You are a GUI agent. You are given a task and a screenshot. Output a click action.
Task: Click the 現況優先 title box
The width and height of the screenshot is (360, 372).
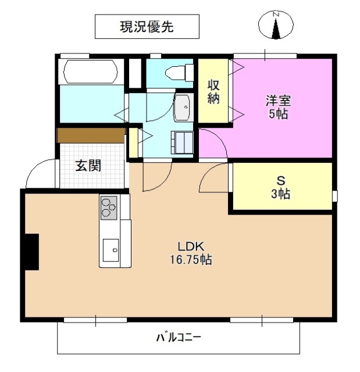147,26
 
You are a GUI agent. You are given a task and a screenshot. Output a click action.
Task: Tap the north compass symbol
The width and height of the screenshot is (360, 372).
275,26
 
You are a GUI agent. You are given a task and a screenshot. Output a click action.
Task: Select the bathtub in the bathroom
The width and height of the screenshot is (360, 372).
91,73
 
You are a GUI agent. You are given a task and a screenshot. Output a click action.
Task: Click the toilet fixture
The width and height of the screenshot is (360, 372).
177,73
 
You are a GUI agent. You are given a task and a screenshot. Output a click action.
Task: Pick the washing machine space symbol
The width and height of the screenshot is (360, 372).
183,141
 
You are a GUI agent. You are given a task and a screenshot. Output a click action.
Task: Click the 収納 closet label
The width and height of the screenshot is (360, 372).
214,91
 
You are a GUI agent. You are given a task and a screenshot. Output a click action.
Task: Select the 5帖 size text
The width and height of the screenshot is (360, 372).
277,114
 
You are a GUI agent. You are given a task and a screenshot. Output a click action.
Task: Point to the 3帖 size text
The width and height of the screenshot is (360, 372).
280,195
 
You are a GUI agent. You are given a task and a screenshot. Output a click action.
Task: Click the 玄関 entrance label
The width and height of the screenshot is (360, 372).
88,166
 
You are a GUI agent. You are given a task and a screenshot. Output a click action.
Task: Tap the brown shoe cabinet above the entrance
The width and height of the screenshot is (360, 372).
91,135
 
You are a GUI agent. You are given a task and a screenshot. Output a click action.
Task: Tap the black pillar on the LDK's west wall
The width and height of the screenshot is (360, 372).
31,251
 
